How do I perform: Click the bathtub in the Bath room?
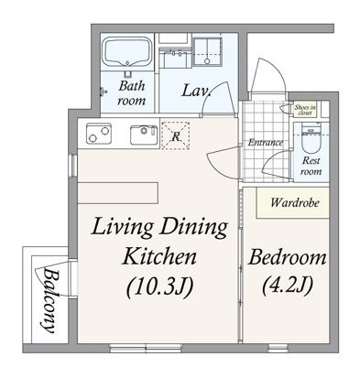(x=128, y=51)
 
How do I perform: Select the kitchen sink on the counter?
(x=144, y=135)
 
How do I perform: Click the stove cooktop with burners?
(x=98, y=134)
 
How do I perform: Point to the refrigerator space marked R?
(x=175, y=135)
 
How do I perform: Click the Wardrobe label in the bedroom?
(x=295, y=202)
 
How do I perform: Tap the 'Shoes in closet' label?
(x=305, y=110)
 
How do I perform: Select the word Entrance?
(x=265, y=143)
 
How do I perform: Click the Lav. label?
(x=197, y=91)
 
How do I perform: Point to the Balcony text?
(x=49, y=300)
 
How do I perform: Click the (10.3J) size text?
(x=160, y=287)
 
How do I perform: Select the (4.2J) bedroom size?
(x=288, y=285)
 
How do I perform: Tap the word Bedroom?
(x=288, y=258)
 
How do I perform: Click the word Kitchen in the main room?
(x=159, y=257)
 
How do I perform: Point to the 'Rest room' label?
(x=311, y=166)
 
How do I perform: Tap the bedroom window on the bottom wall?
(x=278, y=348)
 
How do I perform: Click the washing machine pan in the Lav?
(x=207, y=51)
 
